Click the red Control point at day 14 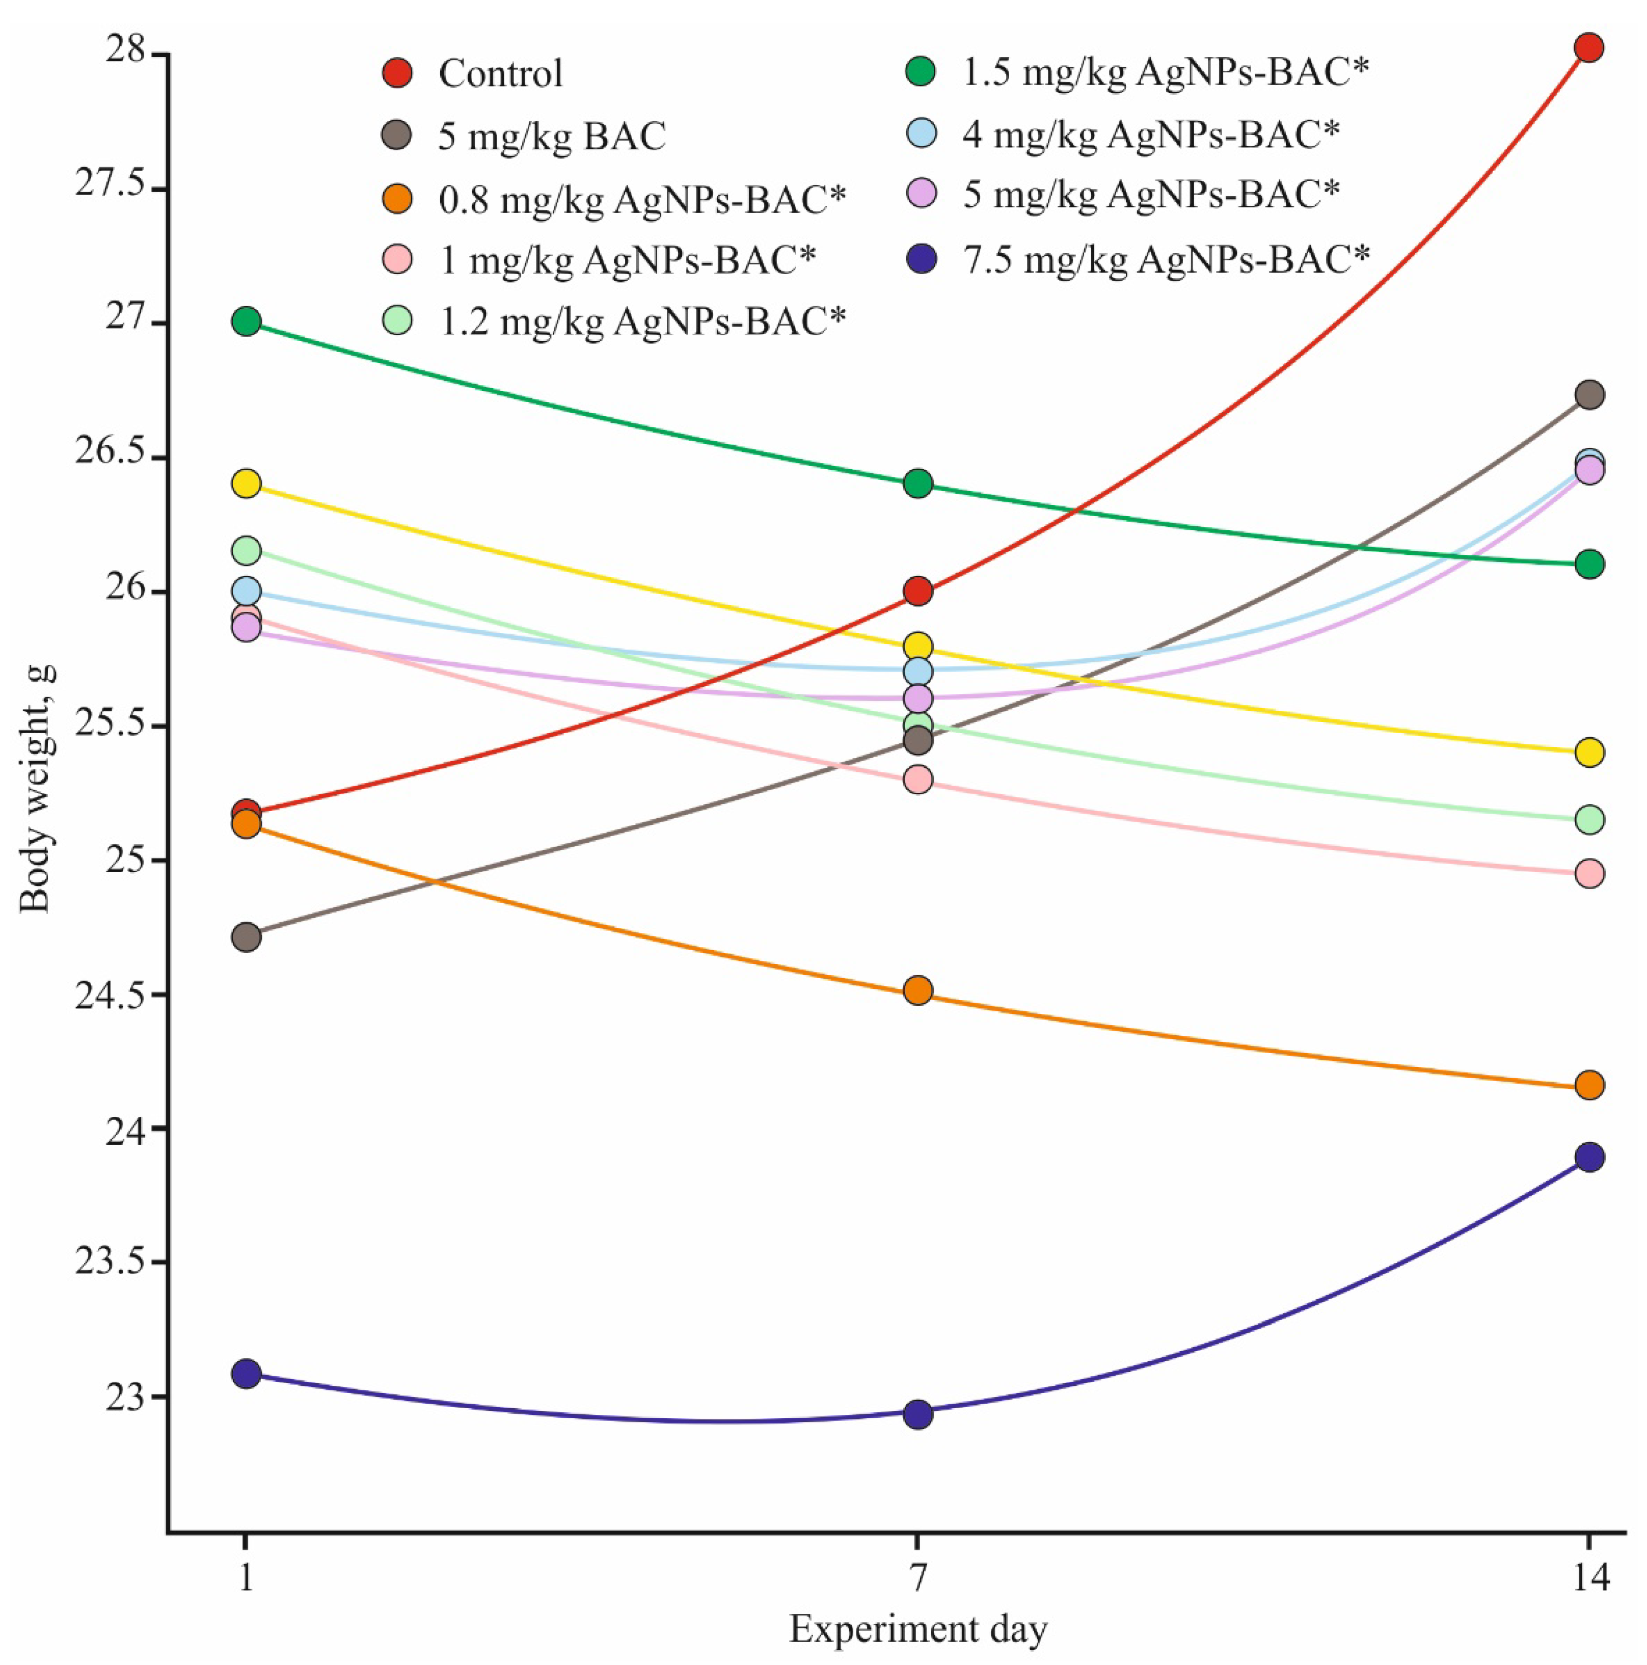pyautogui.click(x=1588, y=47)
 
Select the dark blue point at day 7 pyautogui.click(x=918, y=1413)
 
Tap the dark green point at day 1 pyautogui.click(x=247, y=321)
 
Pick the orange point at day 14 pyautogui.click(x=1588, y=1084)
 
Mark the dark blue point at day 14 pyautogui.click(x=1588, y=1157)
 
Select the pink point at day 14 pyautogui.click(x=1588, y=874)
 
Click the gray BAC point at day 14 pyautogui.click(x=1588, y=395)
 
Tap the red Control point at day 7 pyautogui.click(x=918, y=591)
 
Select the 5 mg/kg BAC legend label pyautogui.click(x=552, y=136)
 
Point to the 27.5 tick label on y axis pyautogui.click(x=111, y=189)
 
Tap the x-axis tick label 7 pyautogui.click(x=918, y=1577)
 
